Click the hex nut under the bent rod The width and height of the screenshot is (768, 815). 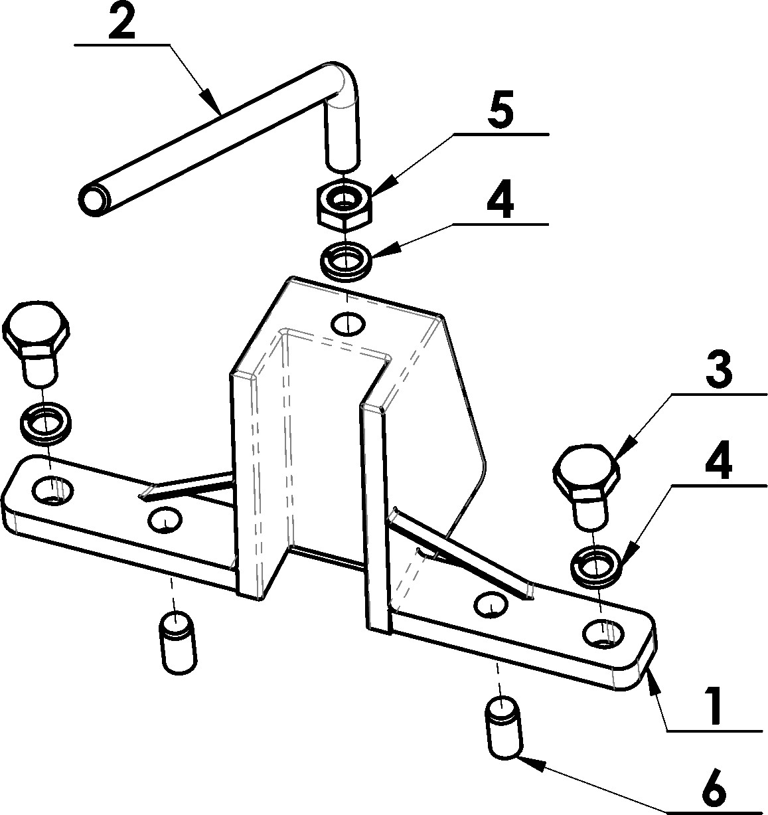tap(345, 205)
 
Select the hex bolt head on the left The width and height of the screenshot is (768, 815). tap(37, 332)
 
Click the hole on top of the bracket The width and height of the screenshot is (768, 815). tap(348, 325)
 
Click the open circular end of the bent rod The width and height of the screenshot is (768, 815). tap(95, 200)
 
